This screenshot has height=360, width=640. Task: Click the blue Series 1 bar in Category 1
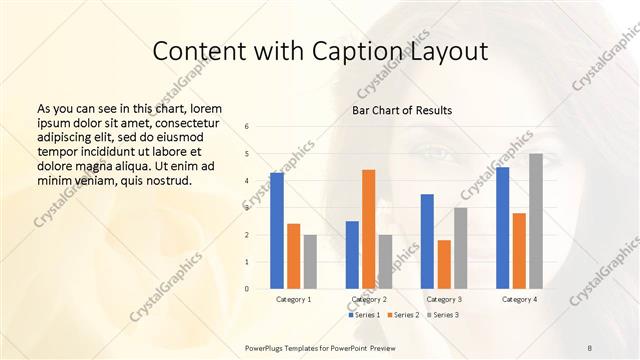click(276, 231)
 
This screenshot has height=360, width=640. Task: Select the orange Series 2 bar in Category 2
click(369, 229)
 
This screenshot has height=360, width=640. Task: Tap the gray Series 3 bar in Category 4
click(536, 221)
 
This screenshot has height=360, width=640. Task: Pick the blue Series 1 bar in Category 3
click(427, 241)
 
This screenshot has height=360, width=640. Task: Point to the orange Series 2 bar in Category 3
click(444, 264)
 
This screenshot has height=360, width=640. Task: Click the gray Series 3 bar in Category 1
click(310, 262)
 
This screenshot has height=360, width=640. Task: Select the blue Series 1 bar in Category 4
click(502, 228)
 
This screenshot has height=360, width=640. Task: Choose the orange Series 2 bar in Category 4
click(519, 251)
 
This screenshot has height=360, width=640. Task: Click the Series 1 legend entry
click(364, 315)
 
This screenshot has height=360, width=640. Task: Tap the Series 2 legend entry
click(402, 315)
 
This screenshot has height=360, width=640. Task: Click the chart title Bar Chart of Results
click(402, 110)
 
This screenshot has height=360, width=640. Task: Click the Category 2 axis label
click(369, 299)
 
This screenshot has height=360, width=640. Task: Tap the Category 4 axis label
click(519, 299)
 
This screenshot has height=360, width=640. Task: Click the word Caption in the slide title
click(326, 52)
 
